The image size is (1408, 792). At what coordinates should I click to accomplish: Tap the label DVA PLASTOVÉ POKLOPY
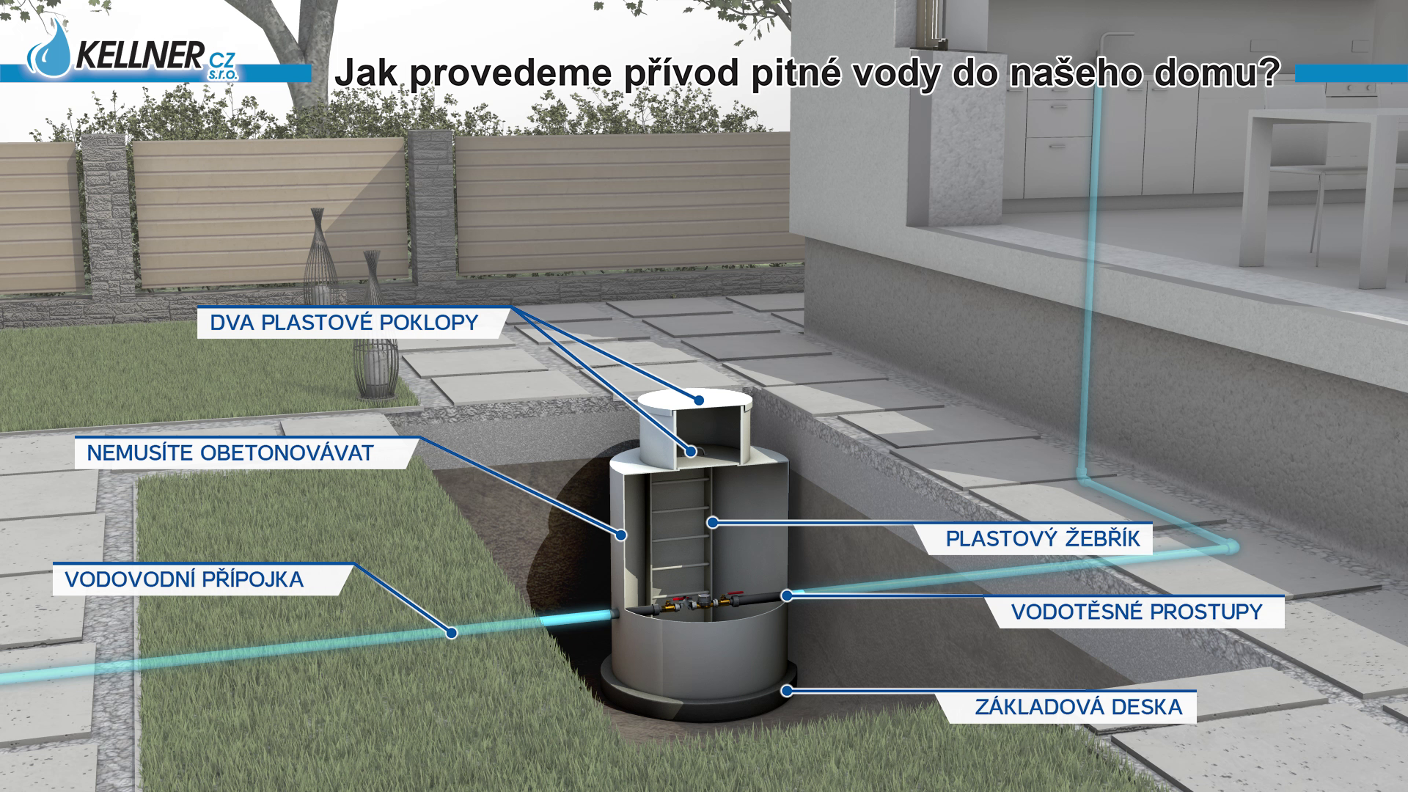(344, 323)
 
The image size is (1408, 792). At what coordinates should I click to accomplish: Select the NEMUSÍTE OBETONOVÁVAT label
(230, 453)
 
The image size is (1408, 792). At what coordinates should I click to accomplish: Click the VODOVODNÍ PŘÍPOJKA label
(184, 579)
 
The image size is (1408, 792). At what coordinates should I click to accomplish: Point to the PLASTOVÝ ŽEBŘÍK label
(1042, 539)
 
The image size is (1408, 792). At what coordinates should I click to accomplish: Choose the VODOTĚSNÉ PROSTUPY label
(1136, 612)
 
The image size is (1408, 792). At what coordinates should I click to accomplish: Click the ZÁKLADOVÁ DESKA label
(1078, 707)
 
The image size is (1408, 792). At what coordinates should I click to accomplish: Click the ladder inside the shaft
(679, 535)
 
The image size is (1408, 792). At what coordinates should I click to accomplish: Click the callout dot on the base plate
(786, 690)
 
